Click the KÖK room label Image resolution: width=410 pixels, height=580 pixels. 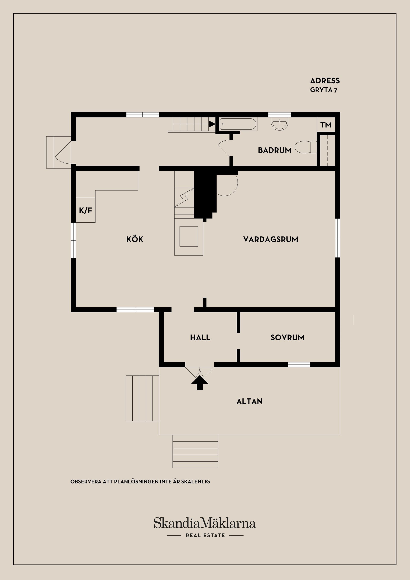pos(135,239)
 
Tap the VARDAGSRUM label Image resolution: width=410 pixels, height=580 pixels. pos(270,239)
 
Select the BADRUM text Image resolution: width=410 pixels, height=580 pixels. pos(274,150)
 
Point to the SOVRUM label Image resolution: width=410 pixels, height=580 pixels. pos(287,338)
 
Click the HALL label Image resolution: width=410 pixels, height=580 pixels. pos(200,338)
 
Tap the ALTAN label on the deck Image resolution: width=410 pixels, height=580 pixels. pos(249,401)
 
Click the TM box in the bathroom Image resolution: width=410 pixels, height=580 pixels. pos(326,125)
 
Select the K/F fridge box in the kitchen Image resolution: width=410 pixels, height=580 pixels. pos(86,210)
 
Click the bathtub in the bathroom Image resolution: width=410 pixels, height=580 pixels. pos(238,124)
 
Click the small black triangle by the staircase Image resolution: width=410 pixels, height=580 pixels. pos(212,124)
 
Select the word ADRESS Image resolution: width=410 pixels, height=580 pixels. pos(325,81)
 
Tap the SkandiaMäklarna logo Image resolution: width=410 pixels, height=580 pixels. pos(205,523)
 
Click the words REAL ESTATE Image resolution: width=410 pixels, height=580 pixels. pos(205,535)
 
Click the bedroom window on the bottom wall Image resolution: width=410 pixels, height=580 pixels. pos(299,364)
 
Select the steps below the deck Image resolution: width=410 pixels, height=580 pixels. pos(195,451)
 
